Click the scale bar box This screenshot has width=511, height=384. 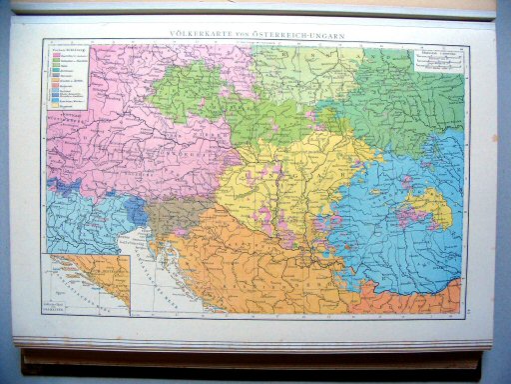click(438, 60)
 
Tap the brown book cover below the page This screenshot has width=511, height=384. click(250, 358)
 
